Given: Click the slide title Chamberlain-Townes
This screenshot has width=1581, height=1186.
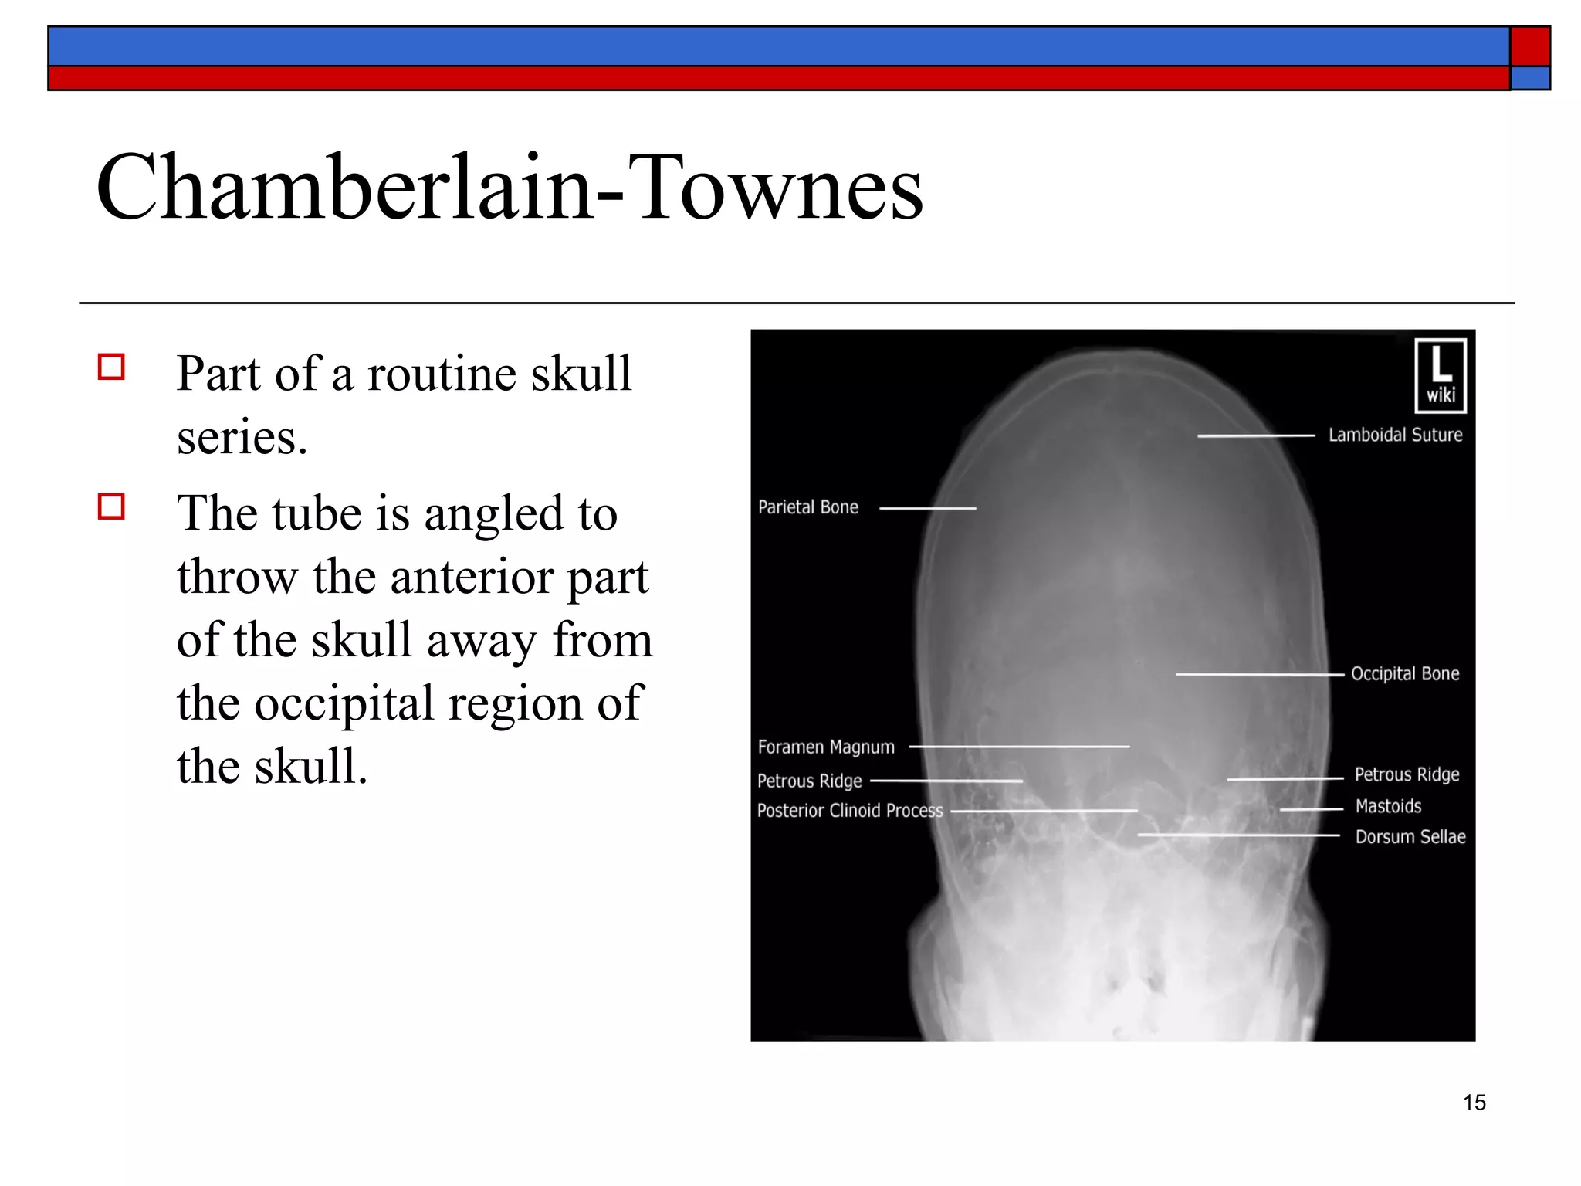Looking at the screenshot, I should point(510,188).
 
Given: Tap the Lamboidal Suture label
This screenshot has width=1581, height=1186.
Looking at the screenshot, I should point(1395,435).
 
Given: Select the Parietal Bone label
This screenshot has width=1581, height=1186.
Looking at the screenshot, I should point(807,507).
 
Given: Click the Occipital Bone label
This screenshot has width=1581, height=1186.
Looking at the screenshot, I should point(1404,673).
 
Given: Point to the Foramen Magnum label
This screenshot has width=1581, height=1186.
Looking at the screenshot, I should point(826,747).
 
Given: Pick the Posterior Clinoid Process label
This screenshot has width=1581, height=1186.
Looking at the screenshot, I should point(849,810).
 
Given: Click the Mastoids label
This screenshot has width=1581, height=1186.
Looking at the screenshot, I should point(1388,806).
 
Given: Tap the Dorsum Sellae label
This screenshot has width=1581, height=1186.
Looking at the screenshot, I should point(1410,836).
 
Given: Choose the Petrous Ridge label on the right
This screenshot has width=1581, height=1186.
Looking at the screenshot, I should point(1407,774).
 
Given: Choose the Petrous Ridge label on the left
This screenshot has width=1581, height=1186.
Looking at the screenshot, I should point(809,781).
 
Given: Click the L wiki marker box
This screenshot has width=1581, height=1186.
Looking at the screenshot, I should point(1440,376).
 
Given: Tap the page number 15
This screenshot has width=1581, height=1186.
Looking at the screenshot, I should point(1474,1103).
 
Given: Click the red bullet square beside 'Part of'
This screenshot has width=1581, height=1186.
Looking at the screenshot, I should point(112,367).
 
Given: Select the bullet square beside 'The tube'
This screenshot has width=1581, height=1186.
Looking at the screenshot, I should point(112,507).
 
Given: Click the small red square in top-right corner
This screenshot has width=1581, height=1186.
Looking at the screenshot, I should point(1529,46).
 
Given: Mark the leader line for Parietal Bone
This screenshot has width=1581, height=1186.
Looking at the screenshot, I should point(927,508).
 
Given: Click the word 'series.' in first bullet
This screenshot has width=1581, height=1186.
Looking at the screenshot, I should point(242,438).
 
